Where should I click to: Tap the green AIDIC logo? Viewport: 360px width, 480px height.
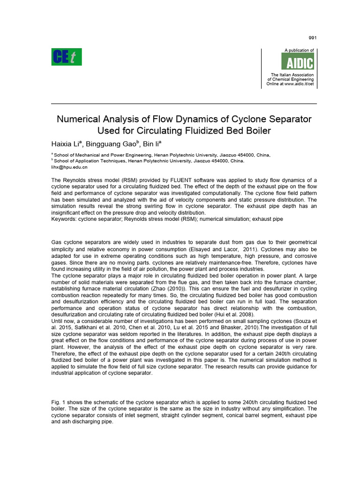(x=297, y=61)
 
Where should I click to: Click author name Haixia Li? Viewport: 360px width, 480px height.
(x=65, y=143)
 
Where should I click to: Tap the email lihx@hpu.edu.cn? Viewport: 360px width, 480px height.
(x=69, y=166)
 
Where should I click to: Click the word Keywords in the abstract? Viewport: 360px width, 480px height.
(x=64, y=218)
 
